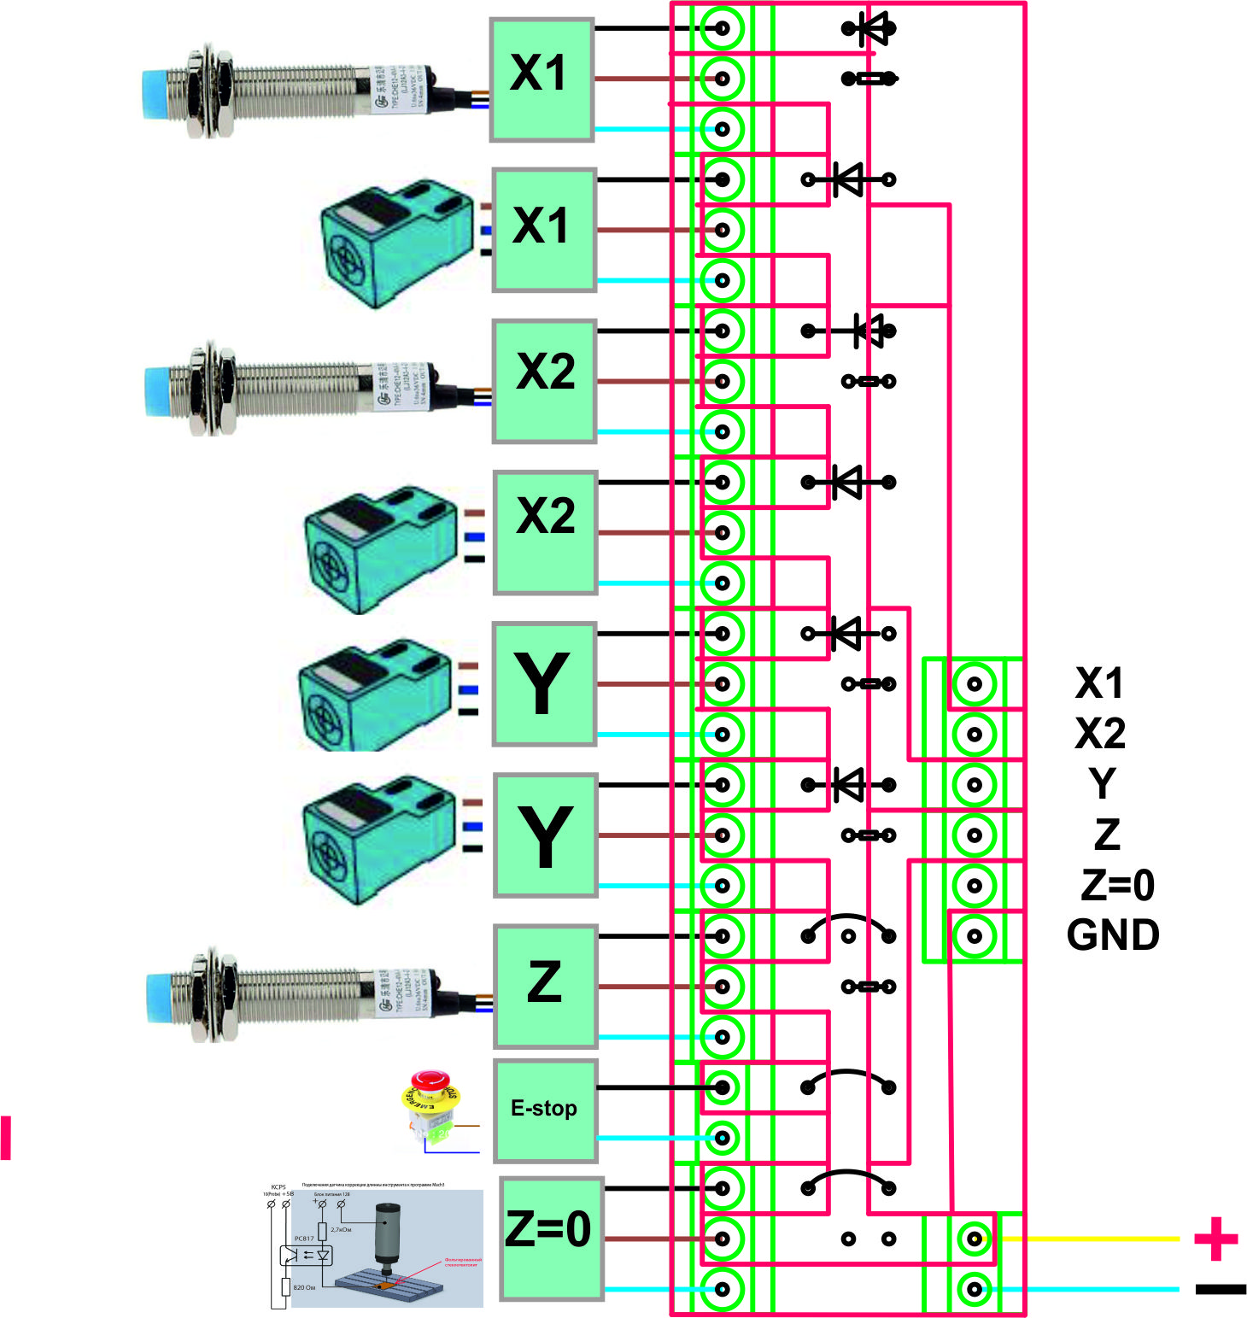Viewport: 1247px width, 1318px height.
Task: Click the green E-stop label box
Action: click(x=545, y=1110)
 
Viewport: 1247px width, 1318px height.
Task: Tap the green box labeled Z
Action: click(x=545, y=985)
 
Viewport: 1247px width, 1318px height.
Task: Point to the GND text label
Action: click(x=1113, y=935)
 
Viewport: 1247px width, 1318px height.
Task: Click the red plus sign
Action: click(x=1216, y=1239)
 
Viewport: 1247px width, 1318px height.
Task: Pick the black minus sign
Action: click(x=1221, y=1289)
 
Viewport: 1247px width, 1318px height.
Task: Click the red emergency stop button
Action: click(x=431, y=1083)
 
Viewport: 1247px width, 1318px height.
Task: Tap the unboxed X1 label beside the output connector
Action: click(x=1099, y=683)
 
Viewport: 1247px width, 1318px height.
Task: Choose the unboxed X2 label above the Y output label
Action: click(x=1100, y=734)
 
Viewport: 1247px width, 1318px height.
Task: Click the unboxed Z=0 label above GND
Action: click(x=1117, y=885)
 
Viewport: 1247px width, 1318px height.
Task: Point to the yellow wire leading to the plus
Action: click(x=1085, y=1238)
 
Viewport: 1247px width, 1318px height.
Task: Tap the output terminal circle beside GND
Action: click(x=975, y=936)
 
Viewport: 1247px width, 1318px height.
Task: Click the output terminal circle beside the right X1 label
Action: click(x=975, y=683)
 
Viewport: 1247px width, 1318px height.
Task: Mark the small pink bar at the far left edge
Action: click(x=6, y=1137)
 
